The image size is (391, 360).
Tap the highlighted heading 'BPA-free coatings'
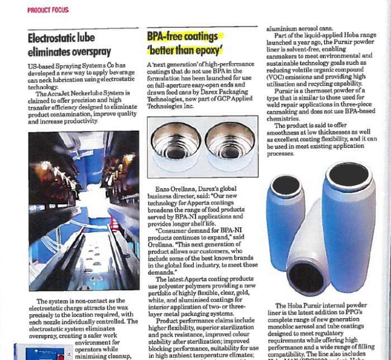182,37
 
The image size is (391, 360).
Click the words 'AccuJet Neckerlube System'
83,93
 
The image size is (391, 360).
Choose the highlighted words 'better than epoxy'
185,51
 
